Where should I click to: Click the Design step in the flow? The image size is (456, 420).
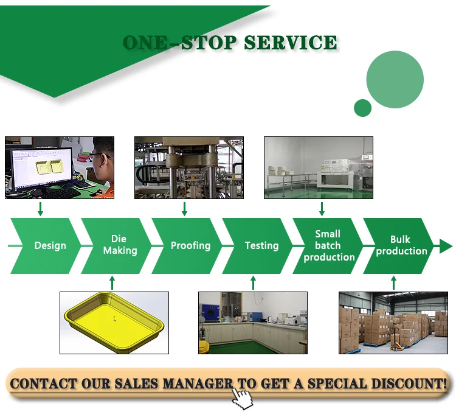[50, 246]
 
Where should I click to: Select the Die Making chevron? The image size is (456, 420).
[120, 245]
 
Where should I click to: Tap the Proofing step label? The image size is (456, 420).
[190, 246]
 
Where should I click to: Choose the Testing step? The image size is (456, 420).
[261, 246]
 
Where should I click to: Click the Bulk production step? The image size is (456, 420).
[401, 245]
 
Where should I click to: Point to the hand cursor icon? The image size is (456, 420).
[243, 399]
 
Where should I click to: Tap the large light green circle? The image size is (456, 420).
[395, 80]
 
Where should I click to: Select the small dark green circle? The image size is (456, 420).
[362, 108]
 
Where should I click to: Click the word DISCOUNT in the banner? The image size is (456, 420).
[402, 384]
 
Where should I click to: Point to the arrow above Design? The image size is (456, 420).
[40, 209]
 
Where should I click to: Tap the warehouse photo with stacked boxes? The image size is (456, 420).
[393, 323]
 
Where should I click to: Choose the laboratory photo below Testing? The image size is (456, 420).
[253, 323]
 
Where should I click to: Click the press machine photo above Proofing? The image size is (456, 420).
[188, 167]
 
